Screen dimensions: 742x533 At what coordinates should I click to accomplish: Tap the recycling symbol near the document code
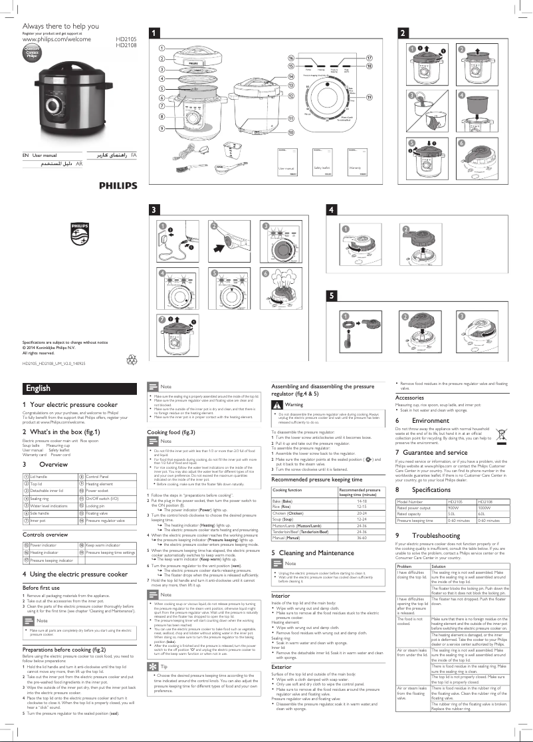click(x=131, y=360)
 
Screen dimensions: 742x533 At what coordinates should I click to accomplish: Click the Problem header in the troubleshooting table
click(x=405, y=548)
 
